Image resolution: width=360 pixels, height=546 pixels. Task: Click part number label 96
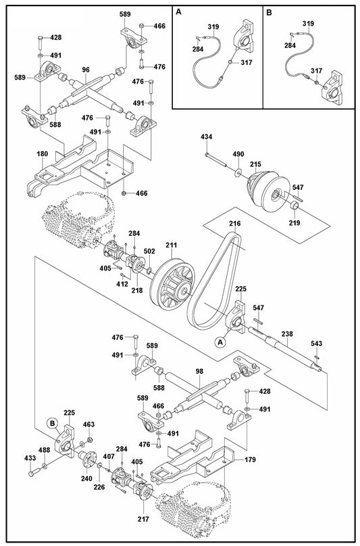pos(86,69)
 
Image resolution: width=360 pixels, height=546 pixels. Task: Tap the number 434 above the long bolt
pos(207,137)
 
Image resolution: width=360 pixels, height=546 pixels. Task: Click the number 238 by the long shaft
pos(287,334)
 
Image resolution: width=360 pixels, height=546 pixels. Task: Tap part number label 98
pos(199,371)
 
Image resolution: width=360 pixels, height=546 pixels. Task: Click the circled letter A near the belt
pos(220,343)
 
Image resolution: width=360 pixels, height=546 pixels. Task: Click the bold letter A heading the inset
pos(178,13)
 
